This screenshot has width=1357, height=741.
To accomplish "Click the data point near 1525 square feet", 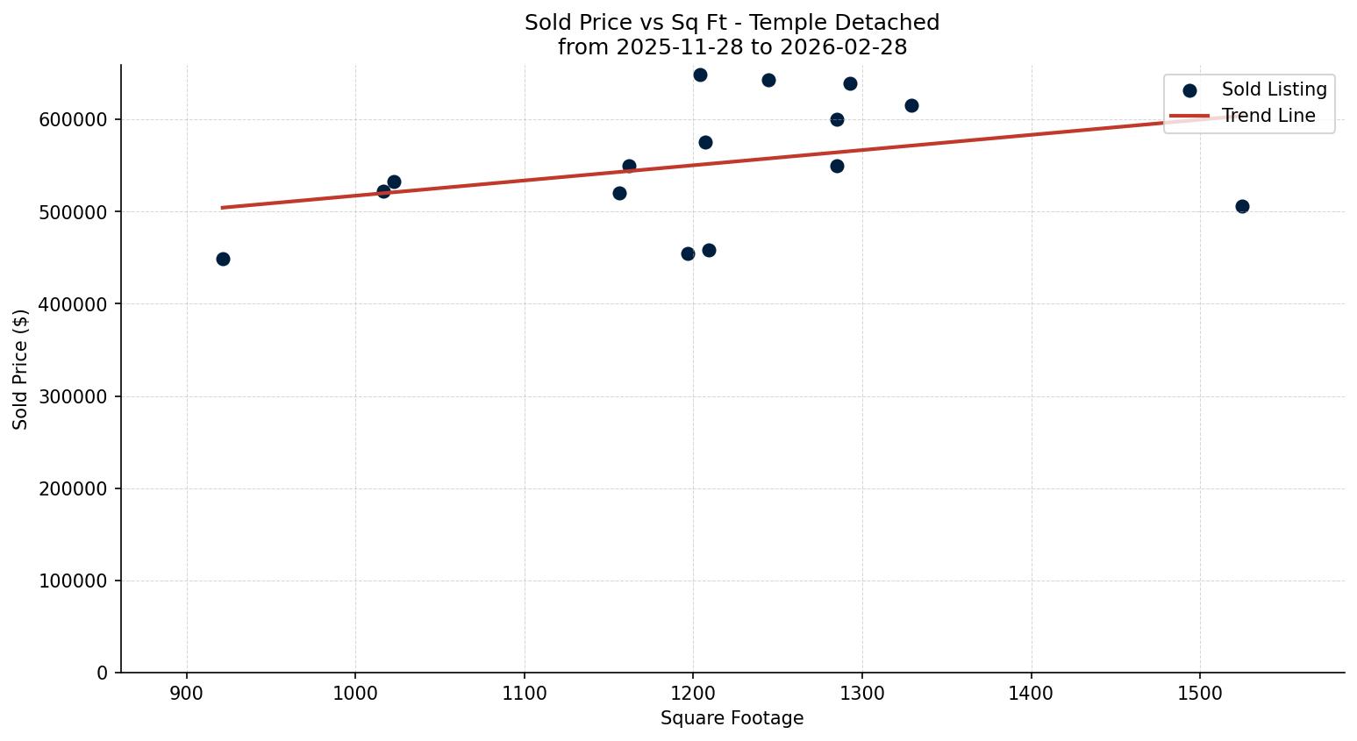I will pyautogui.click(x=1242, y=206).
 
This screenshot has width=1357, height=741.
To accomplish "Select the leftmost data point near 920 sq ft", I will pyautogui.click(x=223, y=259).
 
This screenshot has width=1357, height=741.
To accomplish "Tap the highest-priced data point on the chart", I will pyautogui.click(x=700, y=75).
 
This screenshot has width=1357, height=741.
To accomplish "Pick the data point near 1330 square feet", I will pyautogui.click(x=911, y=105).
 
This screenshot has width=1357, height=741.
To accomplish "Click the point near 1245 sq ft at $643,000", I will pyautogui.click(x=768, y=80).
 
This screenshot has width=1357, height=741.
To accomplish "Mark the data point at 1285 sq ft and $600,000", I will pyautogui.click(x=837, y=119).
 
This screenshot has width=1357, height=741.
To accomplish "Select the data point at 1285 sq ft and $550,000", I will pyautogui.click(x=837, y=166).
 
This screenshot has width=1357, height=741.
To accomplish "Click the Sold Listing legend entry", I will pyautogui.click(x=1274, y=89).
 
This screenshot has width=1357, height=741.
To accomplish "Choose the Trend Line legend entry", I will pyautogui.click(x=1268, y=116).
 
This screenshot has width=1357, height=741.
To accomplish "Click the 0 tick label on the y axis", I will pyautogui.click(x=103, y=673).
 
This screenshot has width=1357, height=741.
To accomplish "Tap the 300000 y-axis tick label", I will pyautogui.click(x=74, y=396).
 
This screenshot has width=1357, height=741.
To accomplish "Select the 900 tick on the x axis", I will pyautogui.click(x=187, y=694).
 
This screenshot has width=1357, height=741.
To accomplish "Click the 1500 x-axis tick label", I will pyautogui.click(x=1200, y=694).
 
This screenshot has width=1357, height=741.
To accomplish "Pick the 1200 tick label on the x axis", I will pyautogui.click(x=693, y=694).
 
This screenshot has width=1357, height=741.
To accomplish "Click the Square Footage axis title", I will pyautogui.click(x=732, y=719).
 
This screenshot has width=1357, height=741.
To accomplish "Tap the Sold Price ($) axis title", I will pyautogui.click(x=21, y=368).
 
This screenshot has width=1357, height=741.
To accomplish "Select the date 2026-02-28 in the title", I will pyautogui.click(x=843, y=47).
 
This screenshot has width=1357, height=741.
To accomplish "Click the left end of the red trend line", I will pyautogui.click(x=223, y=208).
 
